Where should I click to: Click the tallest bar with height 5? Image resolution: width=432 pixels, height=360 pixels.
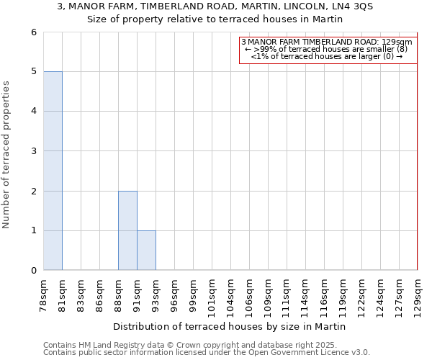pos(53,171)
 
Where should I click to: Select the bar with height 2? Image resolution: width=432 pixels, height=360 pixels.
pos(127,230)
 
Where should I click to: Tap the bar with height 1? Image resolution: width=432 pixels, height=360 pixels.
pos(146,251)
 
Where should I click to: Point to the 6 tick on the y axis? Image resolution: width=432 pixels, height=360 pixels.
pos(33,32)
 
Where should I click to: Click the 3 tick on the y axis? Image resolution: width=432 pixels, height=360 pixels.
pos(33,151)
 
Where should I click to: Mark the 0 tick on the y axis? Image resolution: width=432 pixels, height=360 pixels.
pos(33,271)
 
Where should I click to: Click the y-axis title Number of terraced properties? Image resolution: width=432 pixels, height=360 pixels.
pos(7,154)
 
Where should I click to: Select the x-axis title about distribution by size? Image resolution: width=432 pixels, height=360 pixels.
pos(230,326)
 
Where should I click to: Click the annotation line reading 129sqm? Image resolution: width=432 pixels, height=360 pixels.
pos(328,42)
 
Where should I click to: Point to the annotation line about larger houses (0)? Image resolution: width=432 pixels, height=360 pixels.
pos(328,56)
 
